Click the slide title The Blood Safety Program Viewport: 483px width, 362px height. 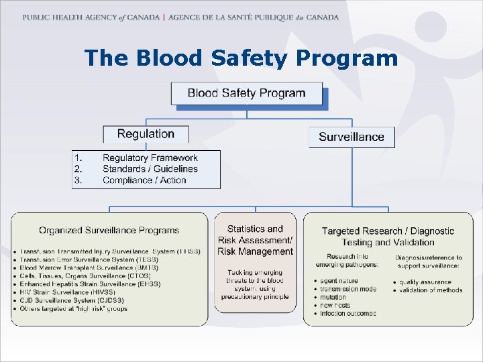click(x=241, y=58)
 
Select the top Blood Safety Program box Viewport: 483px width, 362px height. click(x=246, y=93)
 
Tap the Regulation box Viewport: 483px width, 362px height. click(x=146, y=133)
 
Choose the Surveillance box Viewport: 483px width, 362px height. click(x=352, y=137)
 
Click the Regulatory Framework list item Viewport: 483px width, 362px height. click(x=150, y=158)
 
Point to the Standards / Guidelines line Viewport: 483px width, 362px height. click(x=150, y=169)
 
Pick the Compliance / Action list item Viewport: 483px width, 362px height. click(x=144, y=180)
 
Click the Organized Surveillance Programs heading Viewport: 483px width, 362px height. click(x=109, y=231)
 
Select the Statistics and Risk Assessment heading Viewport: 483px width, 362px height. click(x=255, y=240)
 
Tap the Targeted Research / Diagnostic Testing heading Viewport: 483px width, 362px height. click(x=388, y=236)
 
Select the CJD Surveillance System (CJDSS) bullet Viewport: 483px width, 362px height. click(x=72, y=300)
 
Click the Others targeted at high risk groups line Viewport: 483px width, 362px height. click(x=73, y=308)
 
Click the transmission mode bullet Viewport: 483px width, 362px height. click(x=348, y=290)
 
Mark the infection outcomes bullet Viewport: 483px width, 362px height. click(x=347, y=313)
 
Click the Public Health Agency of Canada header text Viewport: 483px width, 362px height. click(x=180, y=17)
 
